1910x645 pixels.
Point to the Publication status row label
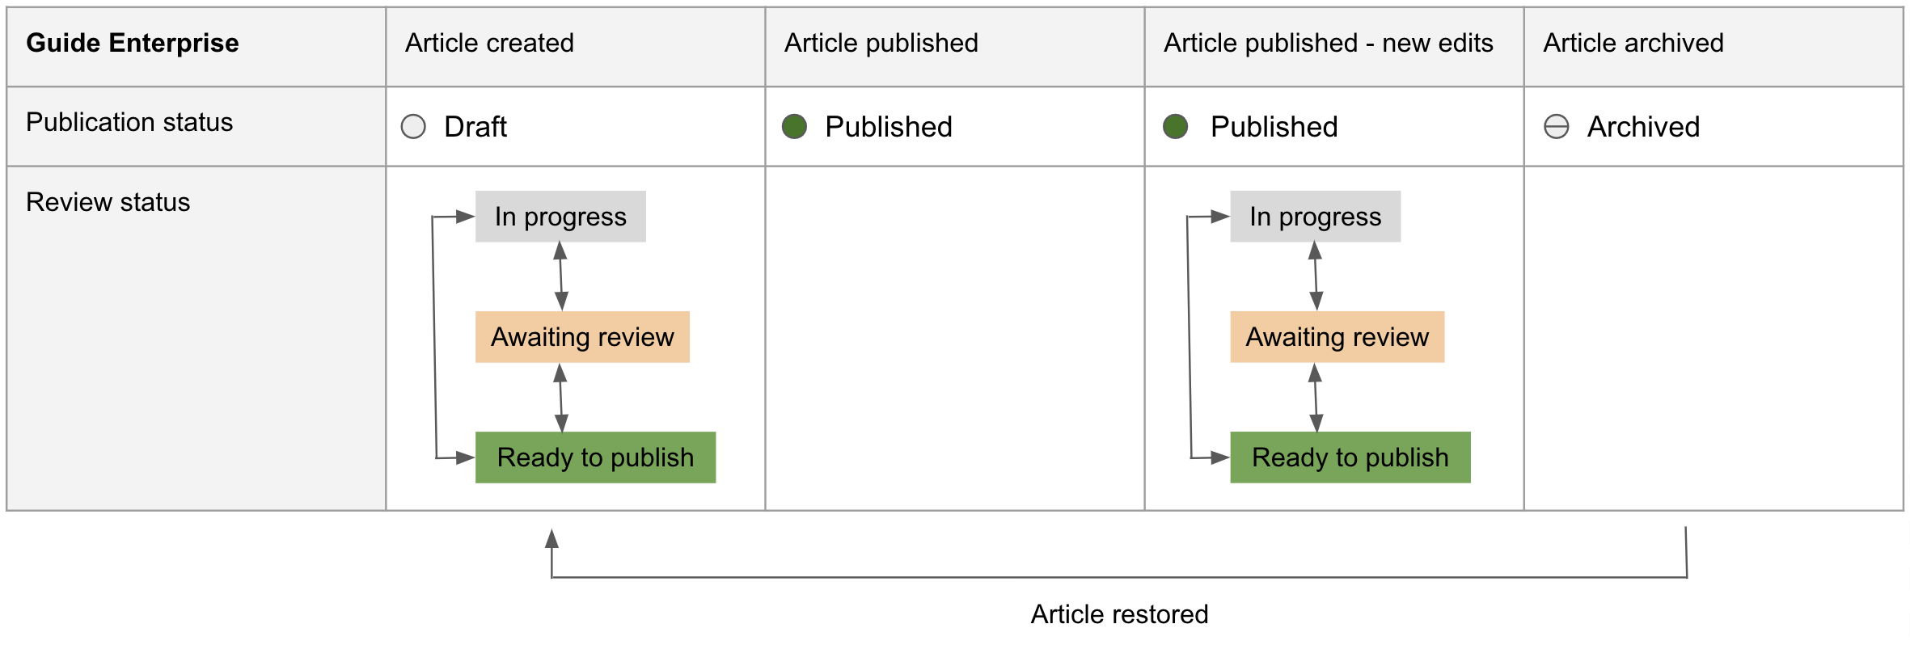129,122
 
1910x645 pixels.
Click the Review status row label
108,202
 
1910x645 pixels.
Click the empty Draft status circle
413,126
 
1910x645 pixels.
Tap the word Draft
475,127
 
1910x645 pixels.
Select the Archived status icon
1557,126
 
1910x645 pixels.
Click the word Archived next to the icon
1643,127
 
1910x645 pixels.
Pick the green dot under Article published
794,126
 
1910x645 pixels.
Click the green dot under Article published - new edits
1175,126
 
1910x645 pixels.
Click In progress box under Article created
560,217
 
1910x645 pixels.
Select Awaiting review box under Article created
582,337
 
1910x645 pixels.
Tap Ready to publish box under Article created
595,457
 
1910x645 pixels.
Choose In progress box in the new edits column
1316,217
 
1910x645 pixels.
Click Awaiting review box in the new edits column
1337,337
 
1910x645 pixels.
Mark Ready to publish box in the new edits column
1350,457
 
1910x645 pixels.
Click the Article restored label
1119,614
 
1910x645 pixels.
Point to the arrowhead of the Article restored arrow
551,530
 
